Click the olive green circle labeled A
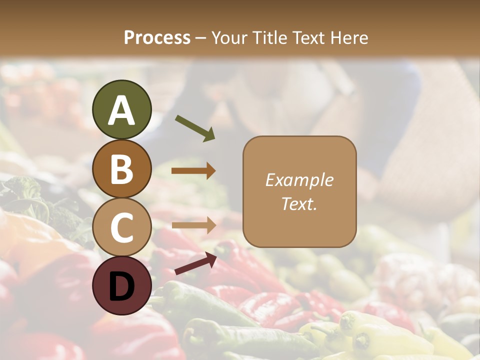121,110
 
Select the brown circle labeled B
121,169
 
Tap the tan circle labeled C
121,227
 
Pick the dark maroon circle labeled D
121,286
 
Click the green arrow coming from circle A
195,128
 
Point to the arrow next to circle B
193,171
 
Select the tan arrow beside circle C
193,225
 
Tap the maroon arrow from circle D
195,263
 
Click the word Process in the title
157,37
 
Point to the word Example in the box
299,180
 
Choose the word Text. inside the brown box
299,203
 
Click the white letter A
121,110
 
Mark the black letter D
121,286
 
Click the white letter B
121,169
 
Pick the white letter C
121,228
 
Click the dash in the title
200,38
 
